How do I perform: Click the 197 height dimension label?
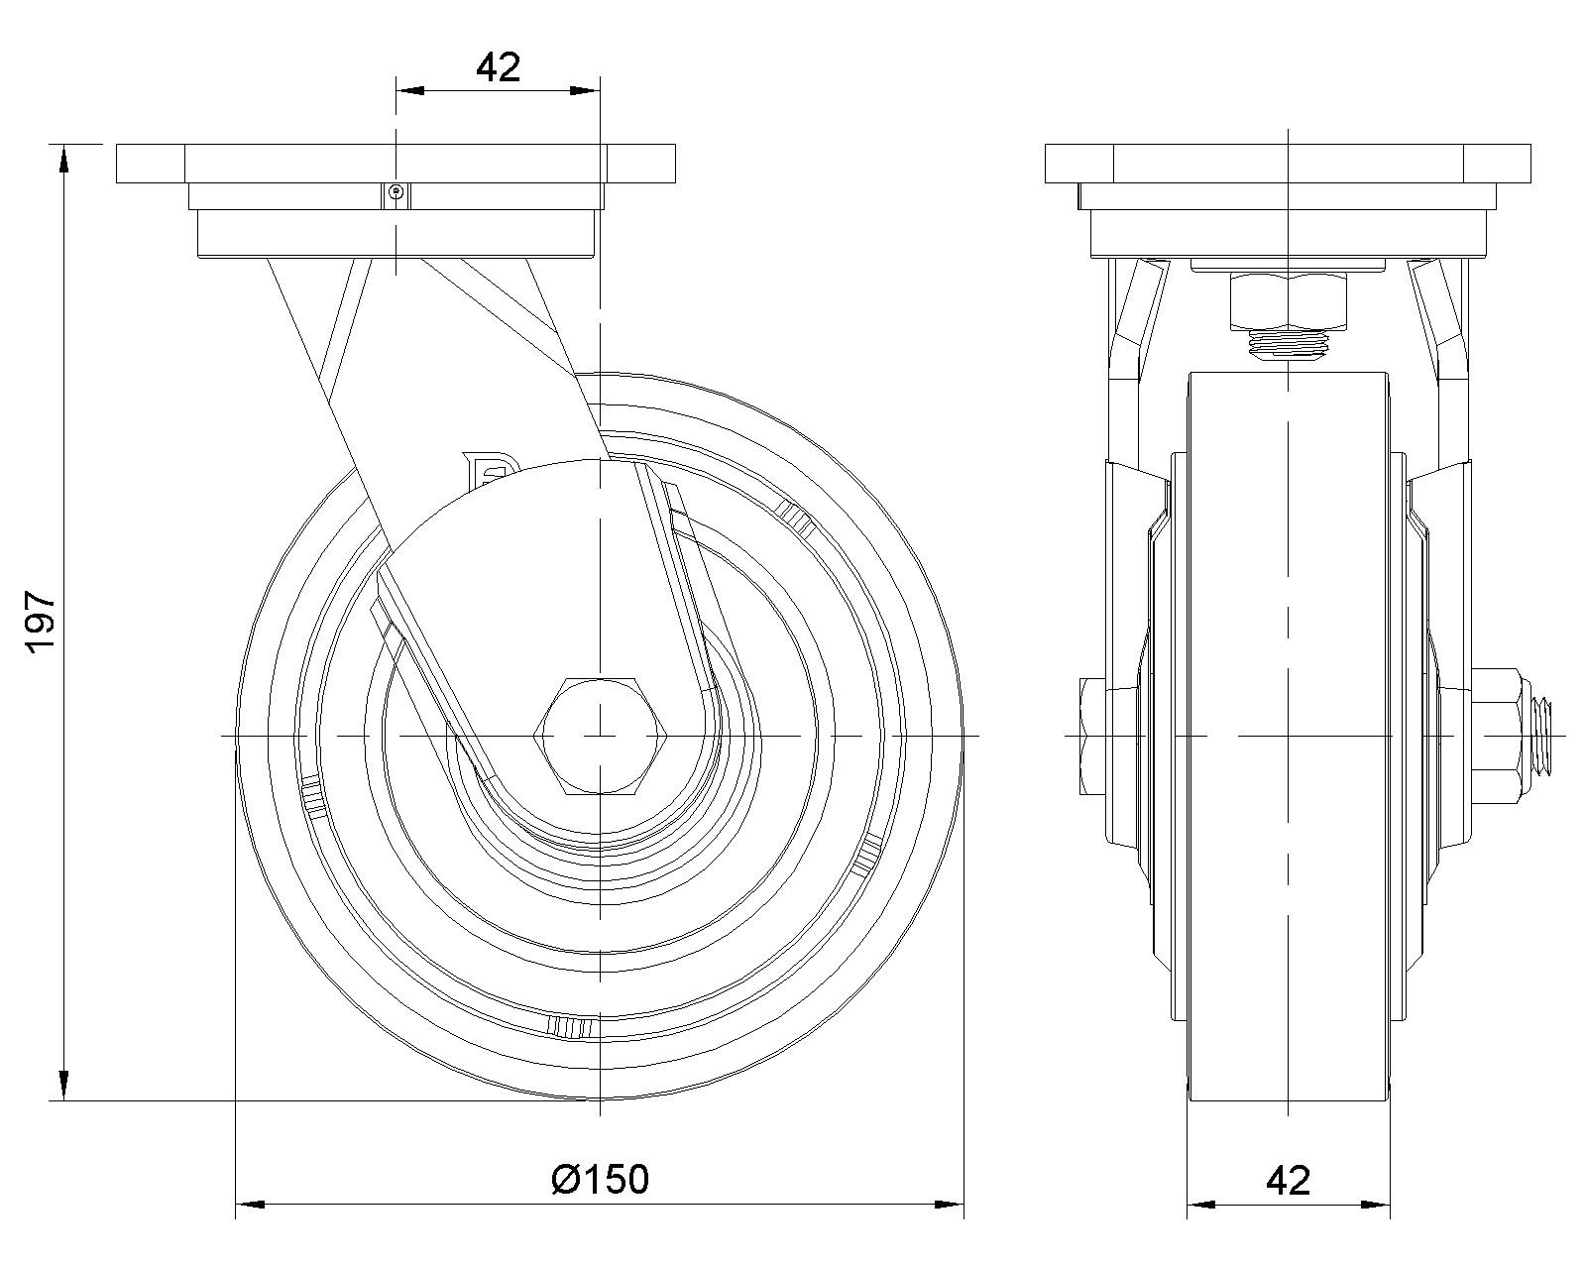42,621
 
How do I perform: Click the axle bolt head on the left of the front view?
1093,736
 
